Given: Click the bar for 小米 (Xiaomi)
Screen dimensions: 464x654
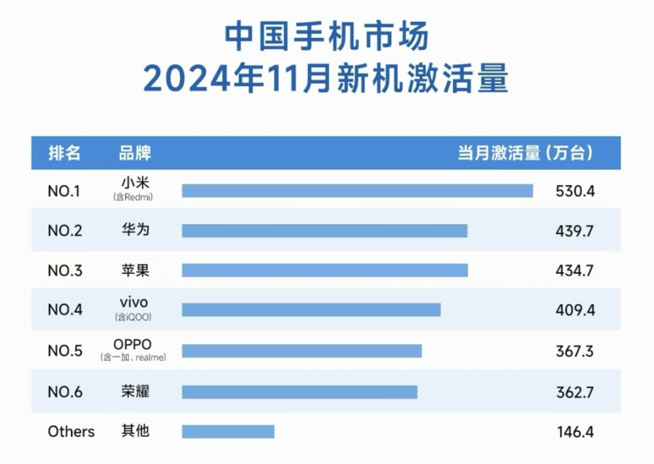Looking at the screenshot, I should pos(357,191).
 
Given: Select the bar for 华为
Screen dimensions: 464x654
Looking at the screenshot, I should pos(324,231).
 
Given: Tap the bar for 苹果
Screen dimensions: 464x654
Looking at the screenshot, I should pos(324,270).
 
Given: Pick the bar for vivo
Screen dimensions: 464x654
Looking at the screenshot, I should pos(311,310).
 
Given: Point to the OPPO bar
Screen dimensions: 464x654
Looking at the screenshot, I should pos(301,351).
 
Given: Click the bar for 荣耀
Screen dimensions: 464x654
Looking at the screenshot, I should pos(299,392).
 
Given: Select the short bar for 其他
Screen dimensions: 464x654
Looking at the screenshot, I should pos(228,431).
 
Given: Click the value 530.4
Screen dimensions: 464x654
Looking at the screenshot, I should pos(575,191).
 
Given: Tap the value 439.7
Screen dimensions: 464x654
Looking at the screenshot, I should pos(574,231).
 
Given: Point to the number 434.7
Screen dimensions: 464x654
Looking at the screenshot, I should pos(574,270).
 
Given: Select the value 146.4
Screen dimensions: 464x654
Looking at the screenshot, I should pos(574,431).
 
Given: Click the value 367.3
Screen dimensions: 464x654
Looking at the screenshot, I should pos(574,351).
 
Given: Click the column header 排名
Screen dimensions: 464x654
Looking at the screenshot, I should pos(65,153).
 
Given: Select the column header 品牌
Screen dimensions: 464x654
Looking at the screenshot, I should pos(134,153).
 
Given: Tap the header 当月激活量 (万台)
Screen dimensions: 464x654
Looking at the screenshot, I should pos(525,153).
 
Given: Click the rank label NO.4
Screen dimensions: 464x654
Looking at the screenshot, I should pos(65,310).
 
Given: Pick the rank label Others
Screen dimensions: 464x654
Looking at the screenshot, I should pos(71,431).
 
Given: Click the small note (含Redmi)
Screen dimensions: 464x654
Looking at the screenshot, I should pos(133,198).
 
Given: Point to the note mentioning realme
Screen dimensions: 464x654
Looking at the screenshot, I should pos(133,357).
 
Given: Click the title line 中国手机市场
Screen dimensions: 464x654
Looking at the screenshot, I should pos(326,37).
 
